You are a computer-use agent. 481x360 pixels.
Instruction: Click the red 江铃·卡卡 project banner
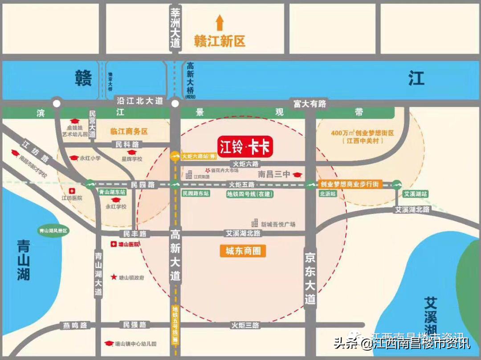[x=245, y=147]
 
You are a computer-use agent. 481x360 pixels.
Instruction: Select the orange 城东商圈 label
[x=243, y=251]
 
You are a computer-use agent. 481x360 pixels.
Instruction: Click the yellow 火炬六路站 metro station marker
[x=175, y=156]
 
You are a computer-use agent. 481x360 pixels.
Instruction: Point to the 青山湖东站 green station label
[x=112, y=193]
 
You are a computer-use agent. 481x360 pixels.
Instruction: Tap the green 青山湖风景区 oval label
[x=53, y=231]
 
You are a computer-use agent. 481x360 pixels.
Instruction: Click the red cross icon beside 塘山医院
[x=113, y=244]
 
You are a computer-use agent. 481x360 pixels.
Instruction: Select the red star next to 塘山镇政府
[x=114, y=277]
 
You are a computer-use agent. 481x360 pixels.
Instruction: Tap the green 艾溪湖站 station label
[x=415, y=194]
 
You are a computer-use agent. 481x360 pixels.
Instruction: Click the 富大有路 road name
[x=310, y=104]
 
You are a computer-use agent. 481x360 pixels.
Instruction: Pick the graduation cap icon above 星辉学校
[x=131, y=153]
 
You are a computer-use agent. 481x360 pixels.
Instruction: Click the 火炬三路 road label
[x=245, y=325]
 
